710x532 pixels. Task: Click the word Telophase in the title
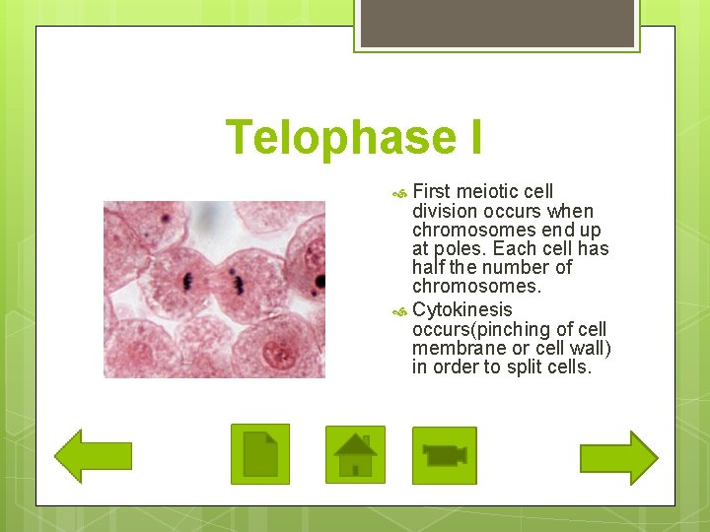(x=335, y=138)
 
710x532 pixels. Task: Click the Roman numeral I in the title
(x=472, y=138)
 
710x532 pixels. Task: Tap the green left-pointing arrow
(x=93, y=455)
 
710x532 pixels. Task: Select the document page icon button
(x=260, y=454)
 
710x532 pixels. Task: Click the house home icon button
(x=355, y=454)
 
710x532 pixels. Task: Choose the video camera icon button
(x=444, y=455)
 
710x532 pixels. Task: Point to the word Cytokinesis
(x=461, y=309)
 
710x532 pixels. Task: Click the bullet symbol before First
(x=398, y=192)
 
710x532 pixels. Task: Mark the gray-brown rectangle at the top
(x=496, y=23)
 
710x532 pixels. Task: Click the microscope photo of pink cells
(x=214, y=290)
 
